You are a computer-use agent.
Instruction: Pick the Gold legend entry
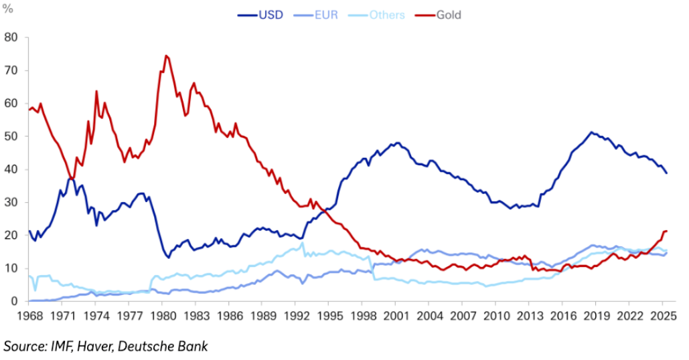click(x=448, y=15)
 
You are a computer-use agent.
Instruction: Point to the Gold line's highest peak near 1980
click(x=165, y=56)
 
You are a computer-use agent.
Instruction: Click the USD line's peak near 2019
click(x=591, y=132)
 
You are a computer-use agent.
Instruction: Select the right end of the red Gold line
click(x=667, y=231)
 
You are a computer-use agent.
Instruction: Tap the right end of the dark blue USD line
click(x=667, y=173)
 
